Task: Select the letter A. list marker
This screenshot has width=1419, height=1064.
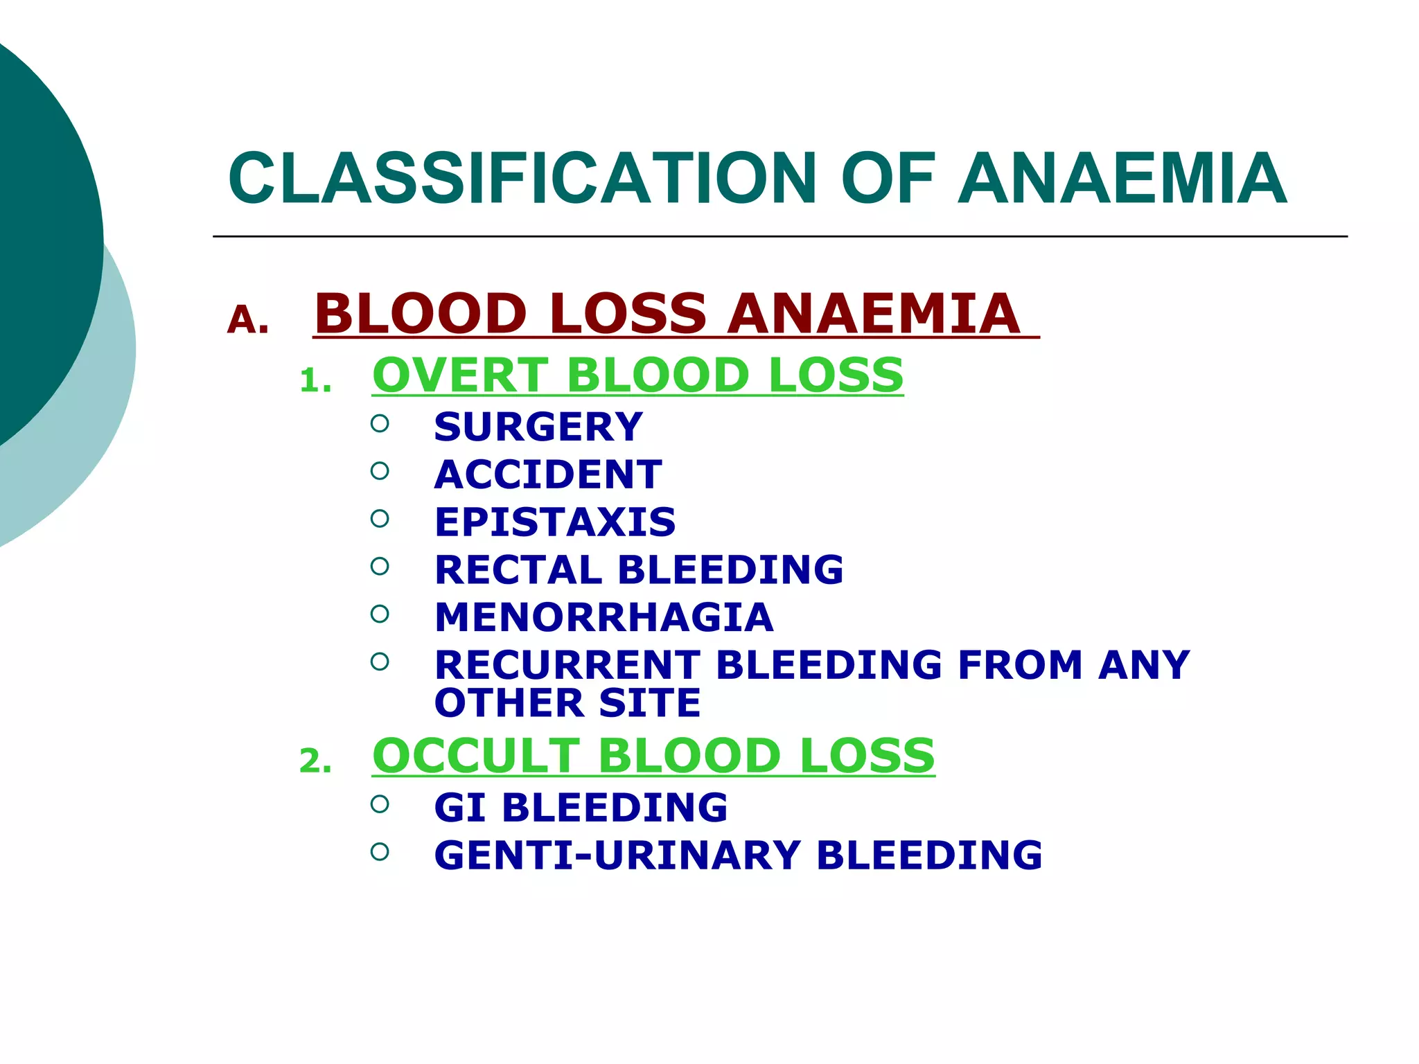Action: pos(247,320)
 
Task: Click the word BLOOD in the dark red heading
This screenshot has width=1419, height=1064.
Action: pos(421,314)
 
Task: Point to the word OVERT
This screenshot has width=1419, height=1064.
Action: pos(461,375)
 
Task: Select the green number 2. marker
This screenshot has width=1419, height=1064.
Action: pos(315,762)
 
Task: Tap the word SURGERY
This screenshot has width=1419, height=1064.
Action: pos(538,427)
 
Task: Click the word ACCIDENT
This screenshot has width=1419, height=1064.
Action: pos(548,475)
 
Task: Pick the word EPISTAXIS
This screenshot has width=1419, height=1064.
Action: pos(555,522)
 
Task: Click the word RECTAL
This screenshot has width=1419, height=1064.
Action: pos(518,570)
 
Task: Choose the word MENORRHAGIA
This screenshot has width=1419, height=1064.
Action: pos(603,617)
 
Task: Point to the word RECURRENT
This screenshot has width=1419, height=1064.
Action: pos(567,665)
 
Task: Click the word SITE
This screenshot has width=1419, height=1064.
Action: pos(650,703)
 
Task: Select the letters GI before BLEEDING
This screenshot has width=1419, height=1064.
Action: pos(459,808)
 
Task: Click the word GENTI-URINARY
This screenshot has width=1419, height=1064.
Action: pos(617,855)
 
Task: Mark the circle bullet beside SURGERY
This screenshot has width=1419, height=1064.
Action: pos(380,423)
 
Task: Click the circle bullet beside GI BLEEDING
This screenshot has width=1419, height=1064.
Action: pos(380,804)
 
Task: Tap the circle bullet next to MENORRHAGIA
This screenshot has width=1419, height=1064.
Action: pos(380,614)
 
